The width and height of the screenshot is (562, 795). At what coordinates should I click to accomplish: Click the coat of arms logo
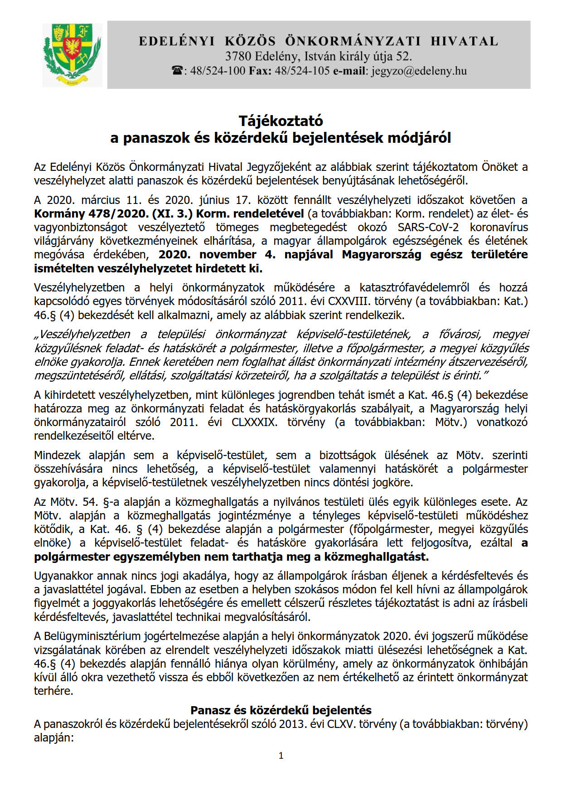coord(72,55)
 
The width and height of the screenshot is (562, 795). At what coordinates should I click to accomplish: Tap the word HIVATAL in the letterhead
coord(464,41)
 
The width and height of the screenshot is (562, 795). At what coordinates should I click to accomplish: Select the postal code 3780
coord(238,57)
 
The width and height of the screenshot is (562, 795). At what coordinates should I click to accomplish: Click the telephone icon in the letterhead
coord(177,71)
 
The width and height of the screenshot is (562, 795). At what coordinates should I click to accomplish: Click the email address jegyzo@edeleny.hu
coord(419,71)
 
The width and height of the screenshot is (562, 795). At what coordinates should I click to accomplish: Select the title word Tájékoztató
coord(281,121)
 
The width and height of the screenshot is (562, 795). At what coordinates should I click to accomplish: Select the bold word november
coord(228,254)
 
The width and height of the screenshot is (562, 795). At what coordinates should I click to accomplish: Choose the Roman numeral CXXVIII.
coord(346,301)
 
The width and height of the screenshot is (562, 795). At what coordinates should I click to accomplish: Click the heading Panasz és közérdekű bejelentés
coord(281,710)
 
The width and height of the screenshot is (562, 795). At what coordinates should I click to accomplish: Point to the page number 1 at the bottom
coord(281,755)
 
